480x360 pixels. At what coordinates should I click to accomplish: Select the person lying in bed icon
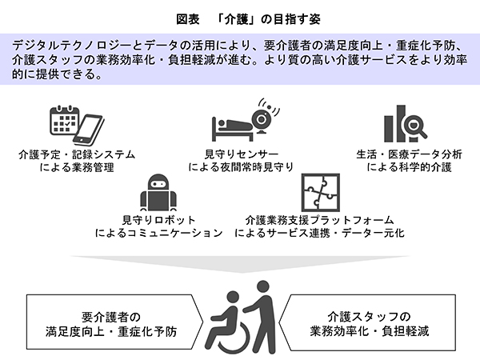[x=232, y=126]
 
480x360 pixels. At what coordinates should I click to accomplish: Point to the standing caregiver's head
[x=262, y=288]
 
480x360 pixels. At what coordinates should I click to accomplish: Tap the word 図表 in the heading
[x=188, y=16]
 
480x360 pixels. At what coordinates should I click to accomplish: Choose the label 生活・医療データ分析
[x=405, y=154]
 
